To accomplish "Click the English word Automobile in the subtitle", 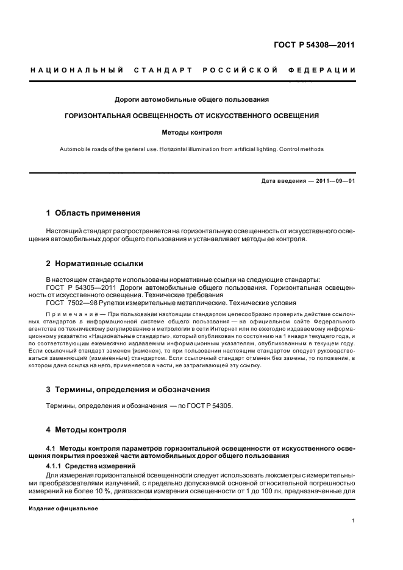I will tap(76, 149).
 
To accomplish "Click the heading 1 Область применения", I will tap(93, 213).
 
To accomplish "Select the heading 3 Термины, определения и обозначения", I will tap(128, 389).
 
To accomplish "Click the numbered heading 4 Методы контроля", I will tap(87, 429).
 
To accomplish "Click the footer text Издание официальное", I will tap(63, 508).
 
